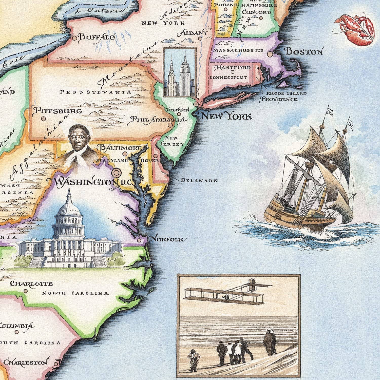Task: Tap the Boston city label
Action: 303,52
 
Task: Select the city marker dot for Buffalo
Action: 74,38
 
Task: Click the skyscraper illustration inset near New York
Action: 180,72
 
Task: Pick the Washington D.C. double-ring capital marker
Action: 117,173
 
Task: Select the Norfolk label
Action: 167,239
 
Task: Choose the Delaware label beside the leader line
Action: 199,181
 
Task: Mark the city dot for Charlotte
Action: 26,291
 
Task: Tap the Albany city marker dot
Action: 200,39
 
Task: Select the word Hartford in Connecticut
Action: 232,68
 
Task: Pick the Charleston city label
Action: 25,362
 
